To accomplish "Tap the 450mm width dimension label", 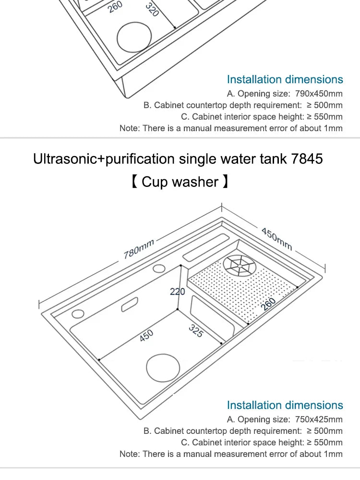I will point(276,239).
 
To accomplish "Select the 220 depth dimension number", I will point(177,292).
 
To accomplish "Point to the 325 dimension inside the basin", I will point(195,331).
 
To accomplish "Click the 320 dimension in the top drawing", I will point(152,9).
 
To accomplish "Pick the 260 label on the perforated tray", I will point(269,305).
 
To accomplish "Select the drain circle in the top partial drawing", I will point(134,37).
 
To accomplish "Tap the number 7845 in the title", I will point(307,159).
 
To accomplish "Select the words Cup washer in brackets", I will point(180,182).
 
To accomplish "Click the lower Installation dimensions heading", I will point(285,405).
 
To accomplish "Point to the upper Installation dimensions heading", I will point(285,79).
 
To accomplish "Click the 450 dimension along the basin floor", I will point(146,336).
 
